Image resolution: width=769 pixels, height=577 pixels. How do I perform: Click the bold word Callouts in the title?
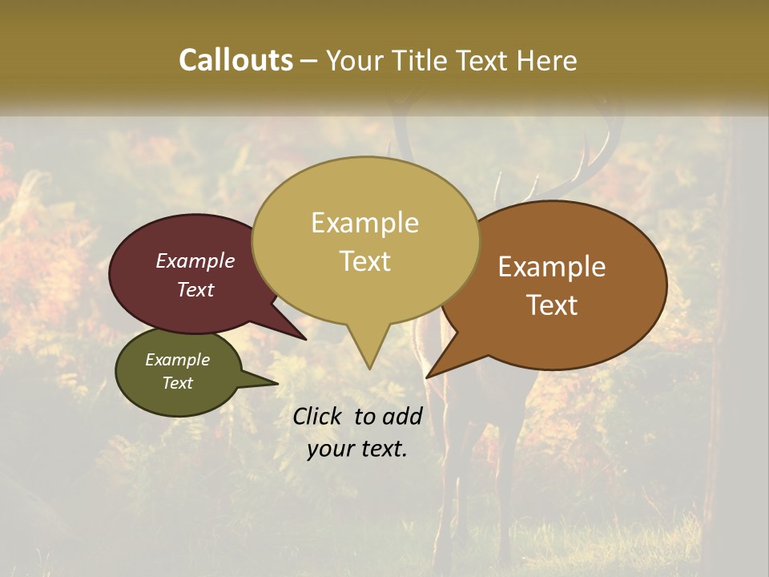[236, 60]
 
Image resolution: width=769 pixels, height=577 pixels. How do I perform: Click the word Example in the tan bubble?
[364, 223]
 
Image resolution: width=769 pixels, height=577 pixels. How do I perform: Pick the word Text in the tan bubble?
[364, 261]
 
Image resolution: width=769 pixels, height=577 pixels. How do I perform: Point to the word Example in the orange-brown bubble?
[552, 267]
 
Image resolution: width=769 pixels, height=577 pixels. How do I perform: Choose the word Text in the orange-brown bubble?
[552, 305]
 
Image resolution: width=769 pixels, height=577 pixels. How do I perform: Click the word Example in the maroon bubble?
[195, 260]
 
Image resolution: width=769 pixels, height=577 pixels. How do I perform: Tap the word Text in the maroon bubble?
[195, 289]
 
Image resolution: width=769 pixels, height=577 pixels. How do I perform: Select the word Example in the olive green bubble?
[177, 360]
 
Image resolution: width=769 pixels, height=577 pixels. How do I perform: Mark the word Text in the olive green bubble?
[177, 383]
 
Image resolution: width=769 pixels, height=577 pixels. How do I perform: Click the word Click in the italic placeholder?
[319, 416]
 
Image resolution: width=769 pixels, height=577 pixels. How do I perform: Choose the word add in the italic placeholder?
[402, 416]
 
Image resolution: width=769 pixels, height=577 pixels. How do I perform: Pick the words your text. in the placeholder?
[357, 449]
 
